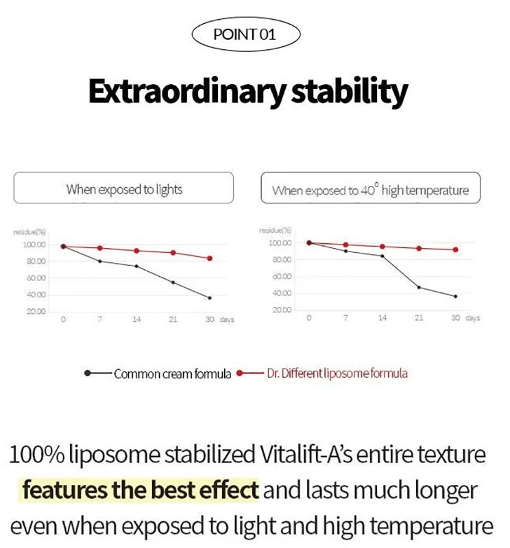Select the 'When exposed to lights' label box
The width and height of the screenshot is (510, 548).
[124, 188]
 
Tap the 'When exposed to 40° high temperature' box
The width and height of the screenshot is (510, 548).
[370, 190]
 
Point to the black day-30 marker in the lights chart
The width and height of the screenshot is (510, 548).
[210, 298]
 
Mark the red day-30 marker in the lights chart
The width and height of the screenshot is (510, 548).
[210, 258]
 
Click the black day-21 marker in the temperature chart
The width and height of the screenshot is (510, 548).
[419, 288]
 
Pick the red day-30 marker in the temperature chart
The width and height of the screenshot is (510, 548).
[455, 249]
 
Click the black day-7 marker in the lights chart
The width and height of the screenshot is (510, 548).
[100, 261]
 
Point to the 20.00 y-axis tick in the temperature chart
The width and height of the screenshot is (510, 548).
[282, 310]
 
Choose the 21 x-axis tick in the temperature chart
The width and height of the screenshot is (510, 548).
[419, 319]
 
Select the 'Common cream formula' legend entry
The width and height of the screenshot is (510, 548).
[172, 374]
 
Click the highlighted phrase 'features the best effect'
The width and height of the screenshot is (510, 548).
[141, 490]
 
